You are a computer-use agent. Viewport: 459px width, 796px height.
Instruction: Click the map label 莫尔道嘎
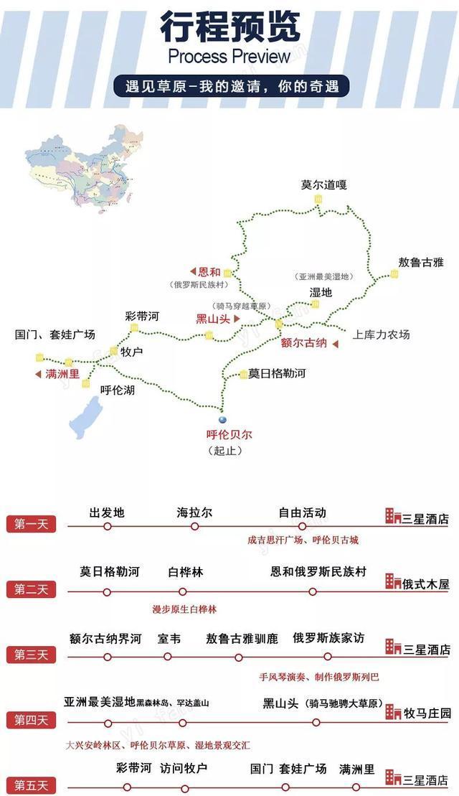pos(323,185)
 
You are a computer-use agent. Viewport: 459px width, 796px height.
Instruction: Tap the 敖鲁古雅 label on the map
pos(421,262)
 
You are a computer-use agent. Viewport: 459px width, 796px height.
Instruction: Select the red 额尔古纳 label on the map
pos(304,343)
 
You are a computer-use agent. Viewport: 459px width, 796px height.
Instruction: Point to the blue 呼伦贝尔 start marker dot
pos(222,420)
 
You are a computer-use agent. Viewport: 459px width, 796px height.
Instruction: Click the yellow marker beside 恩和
pos(227,273)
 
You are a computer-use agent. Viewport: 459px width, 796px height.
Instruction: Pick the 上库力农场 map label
pos(381,334)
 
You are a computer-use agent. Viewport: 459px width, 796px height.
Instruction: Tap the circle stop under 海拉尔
pos(195,526)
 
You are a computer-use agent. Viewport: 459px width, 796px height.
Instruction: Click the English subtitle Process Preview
pos(229,56)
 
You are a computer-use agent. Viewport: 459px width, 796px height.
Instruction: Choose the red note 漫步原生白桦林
pos(184,609)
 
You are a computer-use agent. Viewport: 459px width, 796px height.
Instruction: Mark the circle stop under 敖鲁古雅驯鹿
pos(239,657)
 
